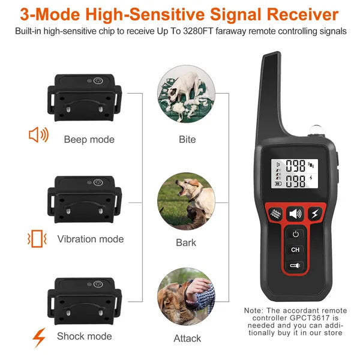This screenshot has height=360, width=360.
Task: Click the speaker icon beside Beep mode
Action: [x=38, y=135]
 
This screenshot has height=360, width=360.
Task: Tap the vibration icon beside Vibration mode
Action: [x=37, y=239]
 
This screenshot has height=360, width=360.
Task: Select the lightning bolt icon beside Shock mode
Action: [x=39, y=337]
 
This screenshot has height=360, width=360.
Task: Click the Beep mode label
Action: [x=89, y=140]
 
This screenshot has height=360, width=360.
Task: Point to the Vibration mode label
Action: [x=91, y=239]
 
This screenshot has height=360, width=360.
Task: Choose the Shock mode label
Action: [x=85, y=337]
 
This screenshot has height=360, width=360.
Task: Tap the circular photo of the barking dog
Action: [x=186, y=201]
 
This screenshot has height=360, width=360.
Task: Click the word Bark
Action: [x=186, y=243]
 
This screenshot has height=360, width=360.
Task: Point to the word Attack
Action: [x=187, y=338]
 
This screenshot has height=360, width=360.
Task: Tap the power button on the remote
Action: [x=295, y=234]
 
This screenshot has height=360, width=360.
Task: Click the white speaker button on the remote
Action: [x=295, y=213]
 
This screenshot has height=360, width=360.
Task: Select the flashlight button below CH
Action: [x=295, y=265]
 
